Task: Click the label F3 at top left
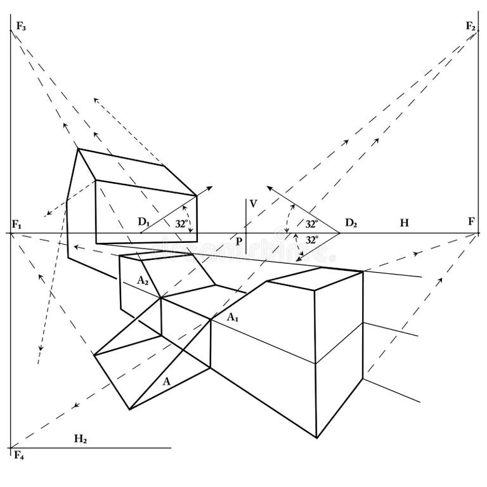(x=21, y=26)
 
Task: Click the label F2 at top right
(x=471, y=26)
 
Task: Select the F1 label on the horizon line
(x=16, y=224)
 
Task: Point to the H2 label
(x=81, y=438)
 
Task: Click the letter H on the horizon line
(x=404, y=223)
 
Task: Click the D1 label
(x=143, y=222)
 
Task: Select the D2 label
(x=351, y=223)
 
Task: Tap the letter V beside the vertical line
(x=254, y=204)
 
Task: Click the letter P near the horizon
(x=239, y=242)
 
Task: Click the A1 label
(x=233, y=317)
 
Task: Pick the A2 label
(x=143, y=280)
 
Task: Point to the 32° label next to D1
(x=182, y=224)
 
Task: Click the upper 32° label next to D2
(x=311, y=224)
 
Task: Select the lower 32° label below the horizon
(x=311, y=240)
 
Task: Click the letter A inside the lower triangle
(x=167, y=382)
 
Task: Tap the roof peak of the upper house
(x=79, y=150)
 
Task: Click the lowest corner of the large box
(x=317, y=438)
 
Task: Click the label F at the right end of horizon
(x=471, y=222)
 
